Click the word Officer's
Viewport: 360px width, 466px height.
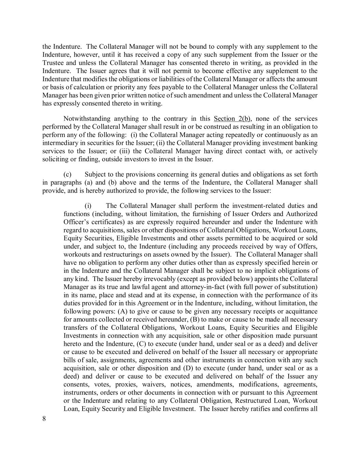[x=76, y=222]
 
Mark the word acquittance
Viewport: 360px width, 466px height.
[x=300, y=311]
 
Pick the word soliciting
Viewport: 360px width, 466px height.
[x=55, y=159]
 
